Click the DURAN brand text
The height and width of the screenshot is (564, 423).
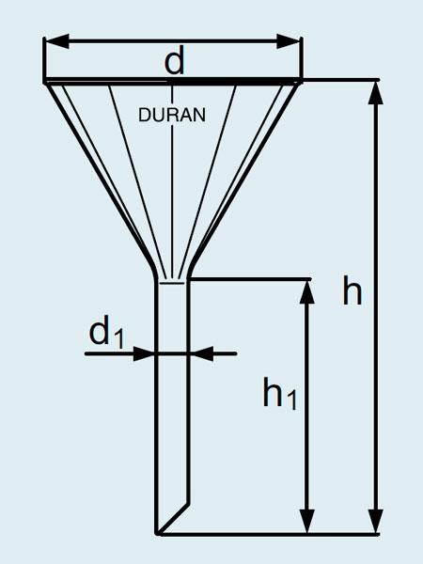[x=172, y=115]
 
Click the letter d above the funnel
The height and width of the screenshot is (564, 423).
[x=175, y=60]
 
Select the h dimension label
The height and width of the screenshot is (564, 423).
[x=352, y=292]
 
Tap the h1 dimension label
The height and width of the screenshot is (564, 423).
[x=280, y=393]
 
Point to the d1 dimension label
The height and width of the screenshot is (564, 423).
[x=106, y=332]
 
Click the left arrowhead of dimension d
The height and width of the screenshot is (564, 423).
[x=56, y=41]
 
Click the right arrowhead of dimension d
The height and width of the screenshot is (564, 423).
[x=289, y=41]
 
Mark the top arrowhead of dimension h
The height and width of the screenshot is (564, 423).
[x=376, y=93]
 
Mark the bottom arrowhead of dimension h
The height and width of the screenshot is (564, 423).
[x=376, y=521]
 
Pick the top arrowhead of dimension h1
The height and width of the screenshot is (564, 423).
[x=306, y=291]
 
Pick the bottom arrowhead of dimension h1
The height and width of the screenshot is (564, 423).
[x=306, y=521]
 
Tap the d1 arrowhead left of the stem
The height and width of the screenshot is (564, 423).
[x=144, y=354]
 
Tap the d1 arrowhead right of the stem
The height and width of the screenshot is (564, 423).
[x=202, y=354]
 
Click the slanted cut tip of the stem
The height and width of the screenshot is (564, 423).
[x=157, y=533]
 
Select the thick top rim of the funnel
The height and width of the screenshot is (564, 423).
[x=173, y=81]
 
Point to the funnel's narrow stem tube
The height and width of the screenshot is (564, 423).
[x=172, y=406]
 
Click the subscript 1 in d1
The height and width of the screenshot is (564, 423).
[x=117, y=338]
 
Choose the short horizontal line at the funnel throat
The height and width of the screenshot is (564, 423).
[x=172, y=284]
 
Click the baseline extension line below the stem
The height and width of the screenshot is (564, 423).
[x=269, y=535]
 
